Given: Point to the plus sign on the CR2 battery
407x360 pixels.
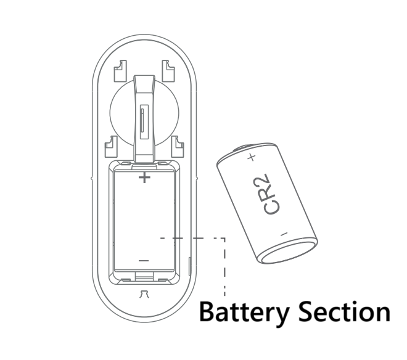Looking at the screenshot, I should click(x=251, y=158).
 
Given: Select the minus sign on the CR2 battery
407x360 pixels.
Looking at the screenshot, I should click(x=283, y=234).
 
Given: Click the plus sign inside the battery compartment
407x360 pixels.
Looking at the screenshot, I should click(x=144, y=179).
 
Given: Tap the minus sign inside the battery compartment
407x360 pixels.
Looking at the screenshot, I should click(x=144, y=261).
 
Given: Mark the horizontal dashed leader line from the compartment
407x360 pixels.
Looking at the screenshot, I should click(x=191, y=237).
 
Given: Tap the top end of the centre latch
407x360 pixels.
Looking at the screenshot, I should click(x=144, y=78).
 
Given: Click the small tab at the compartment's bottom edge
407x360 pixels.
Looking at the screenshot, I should click(x=144, y=279).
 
